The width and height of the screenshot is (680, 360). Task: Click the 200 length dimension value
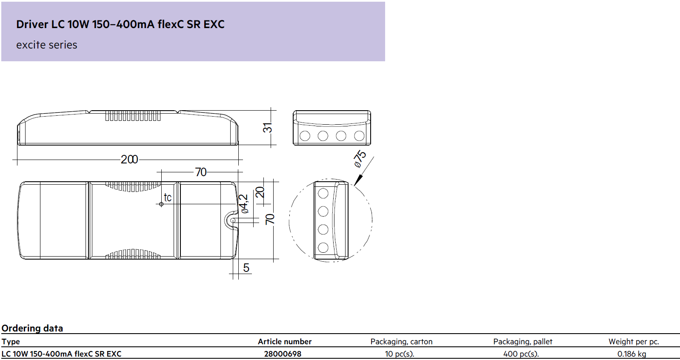coord(129,159)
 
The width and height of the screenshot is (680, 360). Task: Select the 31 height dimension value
coord(268,128)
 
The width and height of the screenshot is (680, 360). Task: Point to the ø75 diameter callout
coord(360,159)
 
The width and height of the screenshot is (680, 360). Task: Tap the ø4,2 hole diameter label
coord(244,204)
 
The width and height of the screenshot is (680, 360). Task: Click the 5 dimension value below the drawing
coord(246,268)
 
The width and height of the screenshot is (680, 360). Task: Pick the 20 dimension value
coord(260,192)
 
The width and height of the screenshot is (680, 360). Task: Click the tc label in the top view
coord(168,197)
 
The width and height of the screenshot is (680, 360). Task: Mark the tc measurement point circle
coord(161,204)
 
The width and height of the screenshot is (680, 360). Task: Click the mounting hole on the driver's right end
coord(233,221)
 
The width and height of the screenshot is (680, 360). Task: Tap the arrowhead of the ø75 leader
coord(358,180)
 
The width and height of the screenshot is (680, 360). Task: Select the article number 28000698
coord(283,354)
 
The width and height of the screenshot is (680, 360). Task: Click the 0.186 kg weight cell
coord(632,354)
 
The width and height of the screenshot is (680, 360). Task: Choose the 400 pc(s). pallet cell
coord(521,354)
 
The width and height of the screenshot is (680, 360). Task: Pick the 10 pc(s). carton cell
coord(400,354)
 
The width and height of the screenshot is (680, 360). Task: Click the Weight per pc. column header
coord(634,342)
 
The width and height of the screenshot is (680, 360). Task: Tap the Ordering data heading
coord(32,328)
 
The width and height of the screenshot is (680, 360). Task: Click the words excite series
coord(47,45)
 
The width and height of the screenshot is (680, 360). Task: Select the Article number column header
coord(285,342)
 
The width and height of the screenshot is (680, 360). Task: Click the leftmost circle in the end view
coord(305,136)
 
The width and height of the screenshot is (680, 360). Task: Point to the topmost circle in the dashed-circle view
coord(323,193)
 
